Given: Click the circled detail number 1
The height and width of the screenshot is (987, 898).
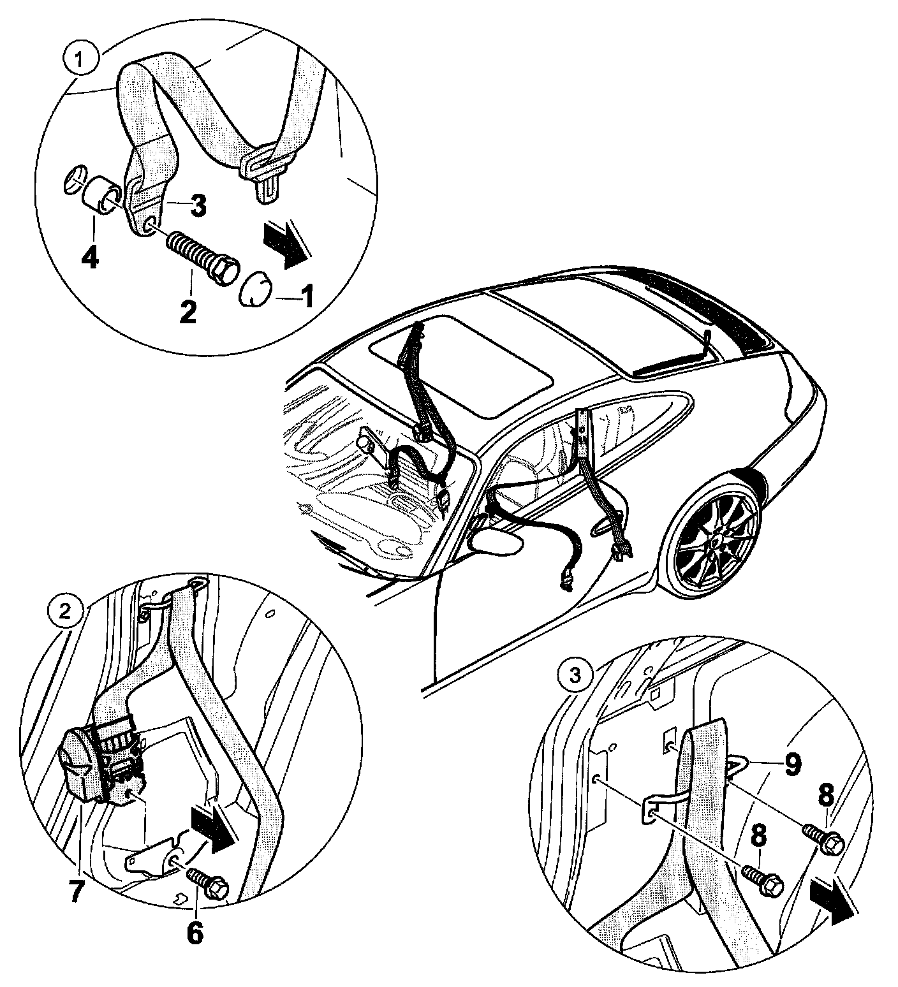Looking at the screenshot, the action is coord(79,61).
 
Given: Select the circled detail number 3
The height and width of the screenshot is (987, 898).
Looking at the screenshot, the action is coord(575,675).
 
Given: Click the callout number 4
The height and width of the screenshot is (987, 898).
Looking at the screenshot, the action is coord(91,258).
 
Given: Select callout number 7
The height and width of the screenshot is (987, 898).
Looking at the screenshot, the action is coord(76,890).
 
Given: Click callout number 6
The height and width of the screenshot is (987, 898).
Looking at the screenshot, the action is coord(194,932).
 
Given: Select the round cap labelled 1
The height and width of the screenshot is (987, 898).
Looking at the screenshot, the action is coord(255,290).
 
